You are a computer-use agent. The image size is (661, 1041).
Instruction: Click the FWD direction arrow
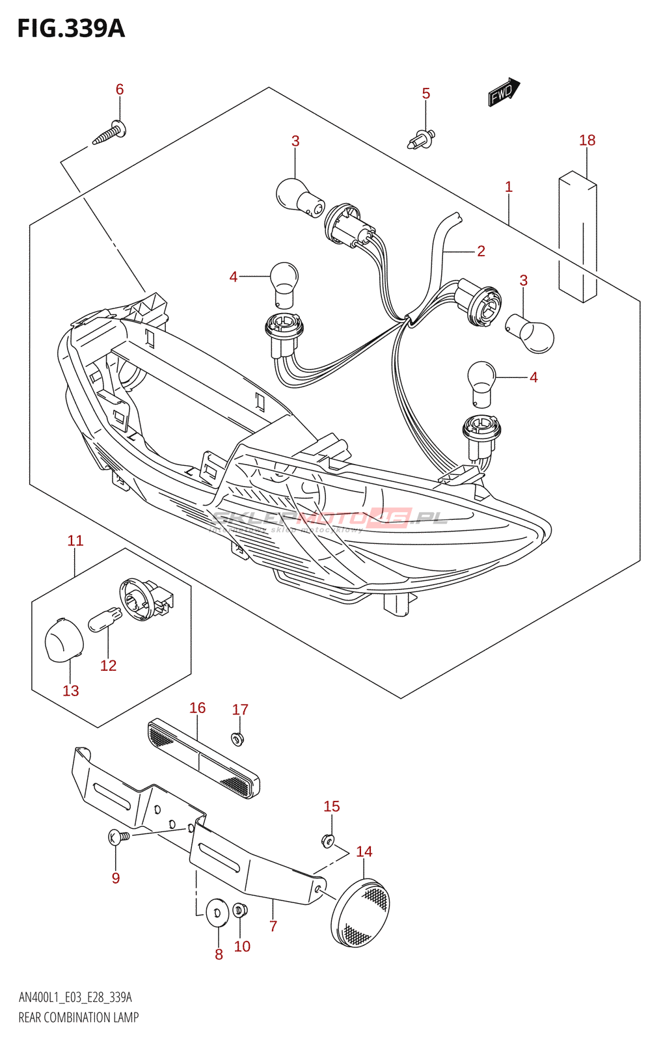click(504, 92)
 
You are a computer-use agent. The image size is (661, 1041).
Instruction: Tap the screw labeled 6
click(109, 133)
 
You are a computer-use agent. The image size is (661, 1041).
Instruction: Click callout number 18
click(587, 141)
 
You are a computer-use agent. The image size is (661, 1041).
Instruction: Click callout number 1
click(509, 187)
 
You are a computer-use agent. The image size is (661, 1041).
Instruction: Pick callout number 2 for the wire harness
click(481, 251)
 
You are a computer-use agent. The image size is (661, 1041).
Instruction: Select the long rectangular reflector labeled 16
click(204, 759)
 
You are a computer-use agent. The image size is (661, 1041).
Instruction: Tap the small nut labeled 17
click(237, 738)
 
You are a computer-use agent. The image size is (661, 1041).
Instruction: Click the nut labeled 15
click(329, 841)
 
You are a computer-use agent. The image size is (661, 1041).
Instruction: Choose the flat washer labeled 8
click(216, 912)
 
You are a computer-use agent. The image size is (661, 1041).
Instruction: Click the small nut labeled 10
click(239, 909)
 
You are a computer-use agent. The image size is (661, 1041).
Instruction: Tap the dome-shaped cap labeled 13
click(64, 640)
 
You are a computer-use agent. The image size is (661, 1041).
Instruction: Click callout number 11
click(75, 541)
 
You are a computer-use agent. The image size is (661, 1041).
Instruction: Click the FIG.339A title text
click(71, 29)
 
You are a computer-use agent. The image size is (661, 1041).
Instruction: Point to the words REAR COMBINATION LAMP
click(79, 1018)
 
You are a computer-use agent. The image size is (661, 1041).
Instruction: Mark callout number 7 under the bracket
click(273, 926)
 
